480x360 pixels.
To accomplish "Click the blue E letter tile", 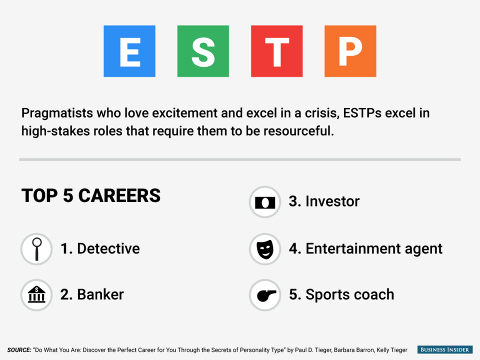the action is coord(129,51).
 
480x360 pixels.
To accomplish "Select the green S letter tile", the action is coord(203,51).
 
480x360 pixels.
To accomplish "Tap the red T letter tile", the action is coord(276,51).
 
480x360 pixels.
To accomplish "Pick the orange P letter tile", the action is coord(350,51).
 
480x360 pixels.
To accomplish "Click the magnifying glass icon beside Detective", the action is coord(36,249).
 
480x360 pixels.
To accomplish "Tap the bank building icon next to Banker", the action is coord(36,295).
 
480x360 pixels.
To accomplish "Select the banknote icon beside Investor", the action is coord(265,202).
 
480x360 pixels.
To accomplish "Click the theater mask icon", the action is coord(265,249).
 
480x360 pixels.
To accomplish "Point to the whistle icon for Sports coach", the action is coord(265,295).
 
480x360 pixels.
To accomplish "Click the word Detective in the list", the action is coord(108,248).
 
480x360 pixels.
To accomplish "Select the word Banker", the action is coord(100,294).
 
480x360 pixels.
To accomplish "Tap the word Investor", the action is coord(332,201).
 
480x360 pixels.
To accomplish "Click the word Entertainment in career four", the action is coord(353,248).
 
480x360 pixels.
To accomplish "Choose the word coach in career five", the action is coord(375,294).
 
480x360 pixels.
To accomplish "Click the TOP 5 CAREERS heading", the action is coord(91,195).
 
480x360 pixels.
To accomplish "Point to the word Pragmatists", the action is coord(57,113).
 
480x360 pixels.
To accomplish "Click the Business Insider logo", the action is coord(445,349).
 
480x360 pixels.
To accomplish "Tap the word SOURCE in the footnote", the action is coord(19,350).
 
